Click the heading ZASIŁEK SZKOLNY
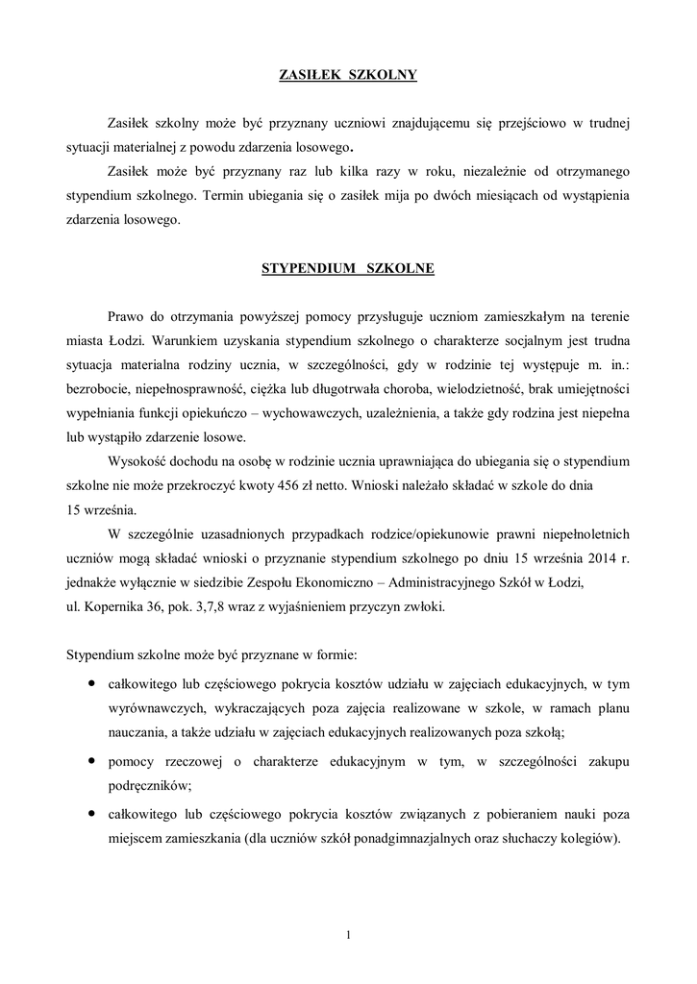(x=348, y=73)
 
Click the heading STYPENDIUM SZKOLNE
(x=348, y=269)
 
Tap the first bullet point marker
(x=90, y=684)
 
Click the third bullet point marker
(x=90, y=812)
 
